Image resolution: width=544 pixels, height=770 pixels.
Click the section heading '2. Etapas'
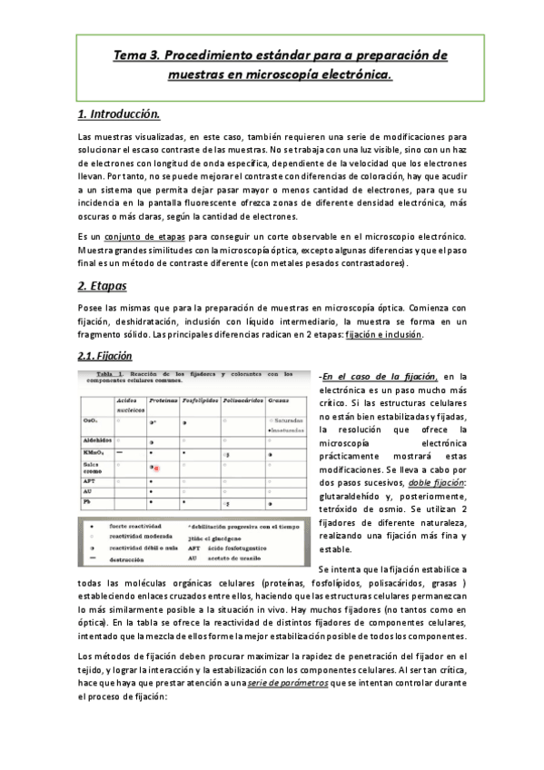pos(104,286)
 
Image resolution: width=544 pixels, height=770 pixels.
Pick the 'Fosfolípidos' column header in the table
pos(199,400)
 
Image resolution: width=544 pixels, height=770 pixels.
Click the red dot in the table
pos(156,468)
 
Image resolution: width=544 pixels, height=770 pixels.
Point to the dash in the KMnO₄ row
pos(121,451)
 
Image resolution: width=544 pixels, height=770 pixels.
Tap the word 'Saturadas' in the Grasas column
pos(291,420)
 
